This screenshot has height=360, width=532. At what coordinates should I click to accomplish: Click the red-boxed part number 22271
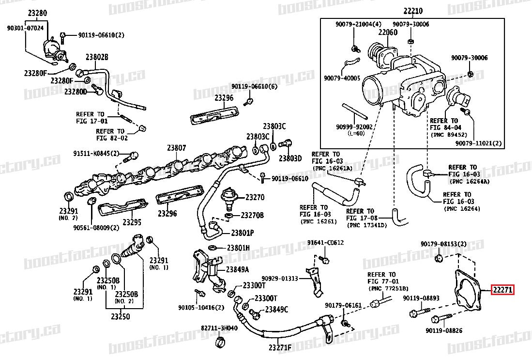pos(503,290)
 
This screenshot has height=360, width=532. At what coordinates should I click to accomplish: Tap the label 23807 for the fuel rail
pos(177,148)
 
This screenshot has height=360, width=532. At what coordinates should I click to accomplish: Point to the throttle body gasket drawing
pos(467,290)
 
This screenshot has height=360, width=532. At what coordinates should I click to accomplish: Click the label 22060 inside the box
pos(388,33)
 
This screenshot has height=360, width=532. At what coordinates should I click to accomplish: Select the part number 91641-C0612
pos(325,242)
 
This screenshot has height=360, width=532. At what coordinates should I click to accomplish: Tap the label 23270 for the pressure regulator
pos(255,198)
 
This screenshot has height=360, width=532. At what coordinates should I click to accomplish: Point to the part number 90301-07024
pos(25,29)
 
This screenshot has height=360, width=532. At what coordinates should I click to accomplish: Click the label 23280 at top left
pos(37,13)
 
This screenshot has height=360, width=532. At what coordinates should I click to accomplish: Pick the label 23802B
pos(97,57)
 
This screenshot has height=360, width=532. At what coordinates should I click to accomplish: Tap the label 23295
pos(131,222)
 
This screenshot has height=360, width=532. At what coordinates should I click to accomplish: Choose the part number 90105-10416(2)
pos(201,307)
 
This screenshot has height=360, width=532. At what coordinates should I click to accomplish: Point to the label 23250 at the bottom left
pos(120,317)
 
